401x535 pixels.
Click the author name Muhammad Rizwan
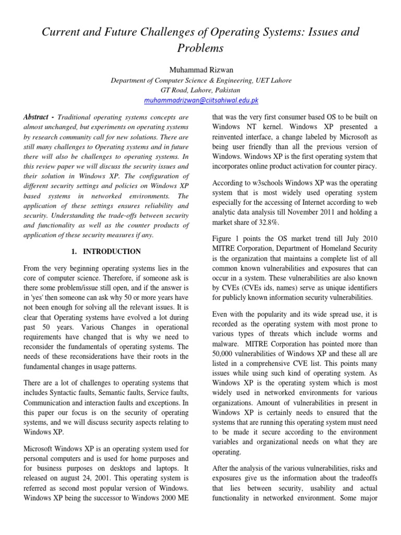(x=200, y=69)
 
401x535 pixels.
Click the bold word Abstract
(x=36, y=117)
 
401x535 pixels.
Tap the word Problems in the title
(x=200, y=49)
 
